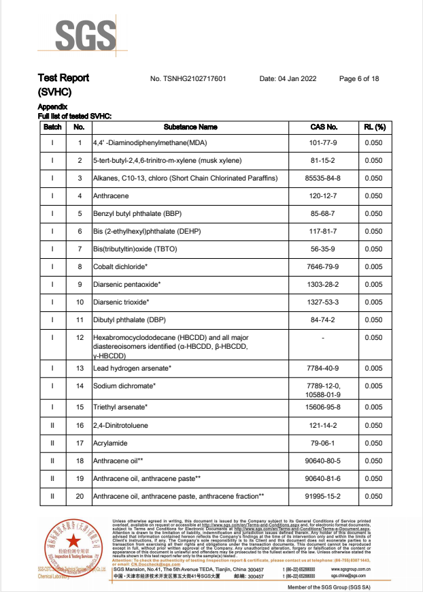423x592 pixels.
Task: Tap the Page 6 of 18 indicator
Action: [359, 79]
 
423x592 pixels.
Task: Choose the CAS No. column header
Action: [323, 127]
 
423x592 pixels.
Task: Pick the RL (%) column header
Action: [374, 127]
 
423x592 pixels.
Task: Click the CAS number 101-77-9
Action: [323, 143]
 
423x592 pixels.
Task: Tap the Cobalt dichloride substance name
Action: [120, 266]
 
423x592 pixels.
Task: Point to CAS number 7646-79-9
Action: [323, 266]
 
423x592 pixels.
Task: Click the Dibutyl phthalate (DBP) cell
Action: [125, 320]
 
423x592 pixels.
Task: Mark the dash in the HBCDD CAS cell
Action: [323, 337]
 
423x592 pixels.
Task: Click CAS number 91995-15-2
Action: [323, 496]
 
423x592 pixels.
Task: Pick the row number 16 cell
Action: [80, 425]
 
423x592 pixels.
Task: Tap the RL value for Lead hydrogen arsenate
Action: [374, 369]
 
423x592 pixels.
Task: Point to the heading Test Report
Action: [63, 78]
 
